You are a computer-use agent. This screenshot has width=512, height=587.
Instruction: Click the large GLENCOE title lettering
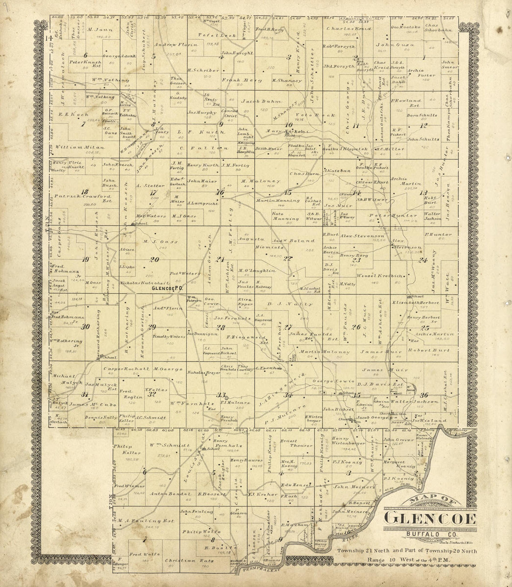(x=430, y=519)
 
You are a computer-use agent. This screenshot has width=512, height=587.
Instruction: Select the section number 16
(x=220, y=192)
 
